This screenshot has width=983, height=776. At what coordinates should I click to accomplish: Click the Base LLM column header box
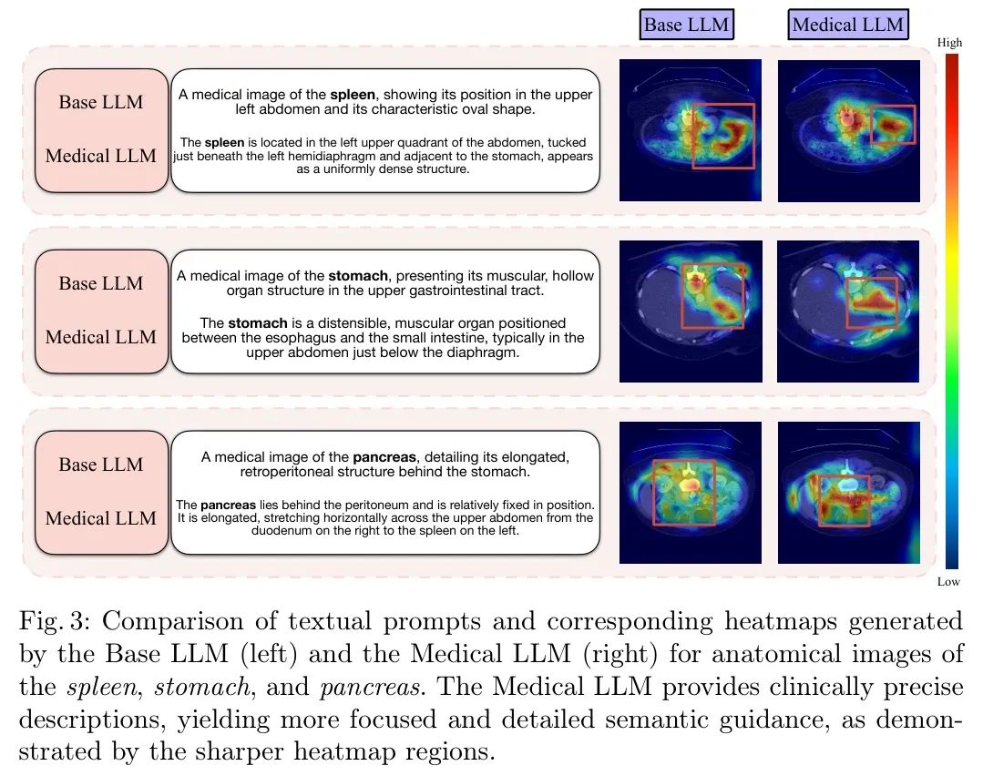click(686, 25)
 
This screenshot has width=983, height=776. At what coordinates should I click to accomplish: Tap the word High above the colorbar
click(949, 43)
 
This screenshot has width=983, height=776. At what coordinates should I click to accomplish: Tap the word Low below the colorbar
click(948, 581)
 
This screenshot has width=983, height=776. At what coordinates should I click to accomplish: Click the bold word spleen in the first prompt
click(351, 94)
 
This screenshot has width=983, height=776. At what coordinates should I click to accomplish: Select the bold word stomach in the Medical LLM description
click(251, 323)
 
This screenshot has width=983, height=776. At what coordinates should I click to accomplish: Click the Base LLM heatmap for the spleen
click(691, 129)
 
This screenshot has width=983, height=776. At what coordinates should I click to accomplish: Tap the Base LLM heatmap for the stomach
click(691, 311)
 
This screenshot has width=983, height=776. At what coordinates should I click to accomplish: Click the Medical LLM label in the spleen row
click(101, 156)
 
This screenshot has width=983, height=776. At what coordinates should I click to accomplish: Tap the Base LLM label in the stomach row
click(101, 283)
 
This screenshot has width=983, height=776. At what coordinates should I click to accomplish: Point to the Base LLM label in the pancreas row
click(101, 465)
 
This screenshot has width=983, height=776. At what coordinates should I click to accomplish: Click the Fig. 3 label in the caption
click(52, 622)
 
